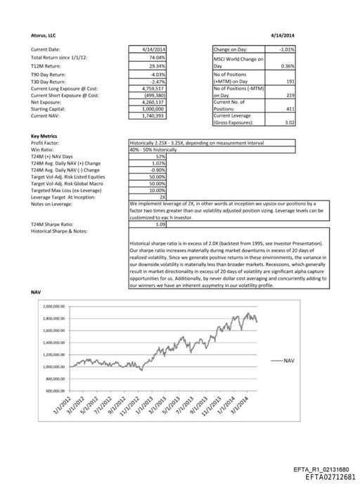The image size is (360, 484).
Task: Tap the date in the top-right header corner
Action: pyautogui.click(x=283, y=34)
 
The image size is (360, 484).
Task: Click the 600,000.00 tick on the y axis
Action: pyautogui.click(x=55, y=390)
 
